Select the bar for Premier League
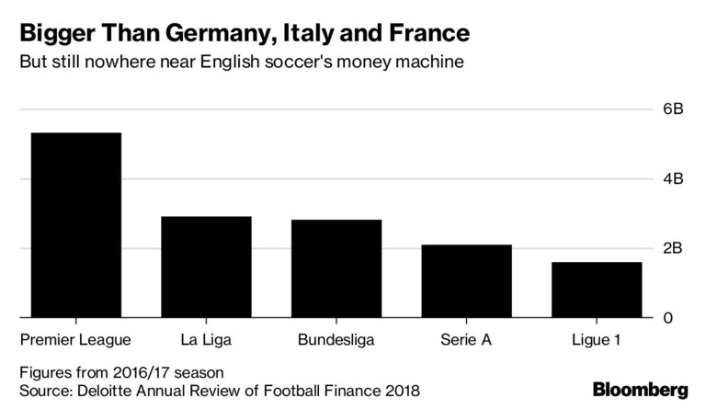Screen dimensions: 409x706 75,225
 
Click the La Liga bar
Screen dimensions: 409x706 206,267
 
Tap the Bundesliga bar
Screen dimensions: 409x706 336,268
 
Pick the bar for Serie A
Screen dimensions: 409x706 466,280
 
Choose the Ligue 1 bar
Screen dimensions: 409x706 597,290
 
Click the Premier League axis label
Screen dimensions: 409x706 75,341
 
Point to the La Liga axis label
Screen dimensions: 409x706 206,341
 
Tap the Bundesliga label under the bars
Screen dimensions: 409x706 336,341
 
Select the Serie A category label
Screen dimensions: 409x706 466,341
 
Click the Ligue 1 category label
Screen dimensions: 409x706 597,341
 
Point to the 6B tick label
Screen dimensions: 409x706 674,109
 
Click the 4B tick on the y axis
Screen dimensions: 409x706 674,179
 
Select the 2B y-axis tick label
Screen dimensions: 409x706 674,248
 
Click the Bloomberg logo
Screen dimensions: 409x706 640,389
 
